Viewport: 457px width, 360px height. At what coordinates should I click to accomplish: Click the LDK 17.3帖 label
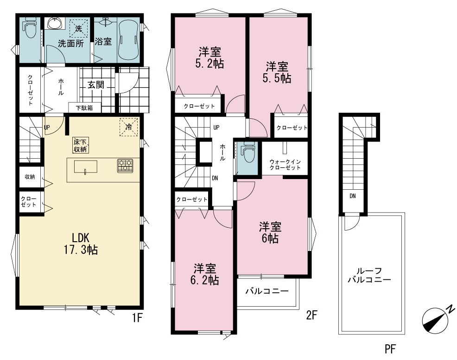81,244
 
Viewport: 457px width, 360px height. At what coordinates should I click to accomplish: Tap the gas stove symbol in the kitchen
125,166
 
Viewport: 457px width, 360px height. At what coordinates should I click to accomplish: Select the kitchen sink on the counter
85,167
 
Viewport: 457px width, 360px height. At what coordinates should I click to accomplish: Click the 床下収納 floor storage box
81,145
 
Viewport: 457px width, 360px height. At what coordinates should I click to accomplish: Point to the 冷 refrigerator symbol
128,127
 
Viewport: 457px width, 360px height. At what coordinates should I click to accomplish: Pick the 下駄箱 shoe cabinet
84,108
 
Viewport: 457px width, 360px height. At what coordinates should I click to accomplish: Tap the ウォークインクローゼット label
285,165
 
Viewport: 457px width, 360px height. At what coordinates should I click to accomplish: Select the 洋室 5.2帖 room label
210,58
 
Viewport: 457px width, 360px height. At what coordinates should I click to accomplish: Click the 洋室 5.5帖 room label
277,72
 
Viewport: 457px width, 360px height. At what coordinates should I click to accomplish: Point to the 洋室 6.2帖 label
205,274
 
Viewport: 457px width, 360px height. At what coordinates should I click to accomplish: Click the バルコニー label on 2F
267,291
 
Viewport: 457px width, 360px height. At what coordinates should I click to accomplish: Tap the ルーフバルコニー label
369,275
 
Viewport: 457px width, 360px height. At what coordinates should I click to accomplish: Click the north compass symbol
435,320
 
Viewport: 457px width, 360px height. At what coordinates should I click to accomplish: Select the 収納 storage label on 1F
30,176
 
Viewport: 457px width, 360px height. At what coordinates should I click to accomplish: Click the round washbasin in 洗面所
55,23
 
